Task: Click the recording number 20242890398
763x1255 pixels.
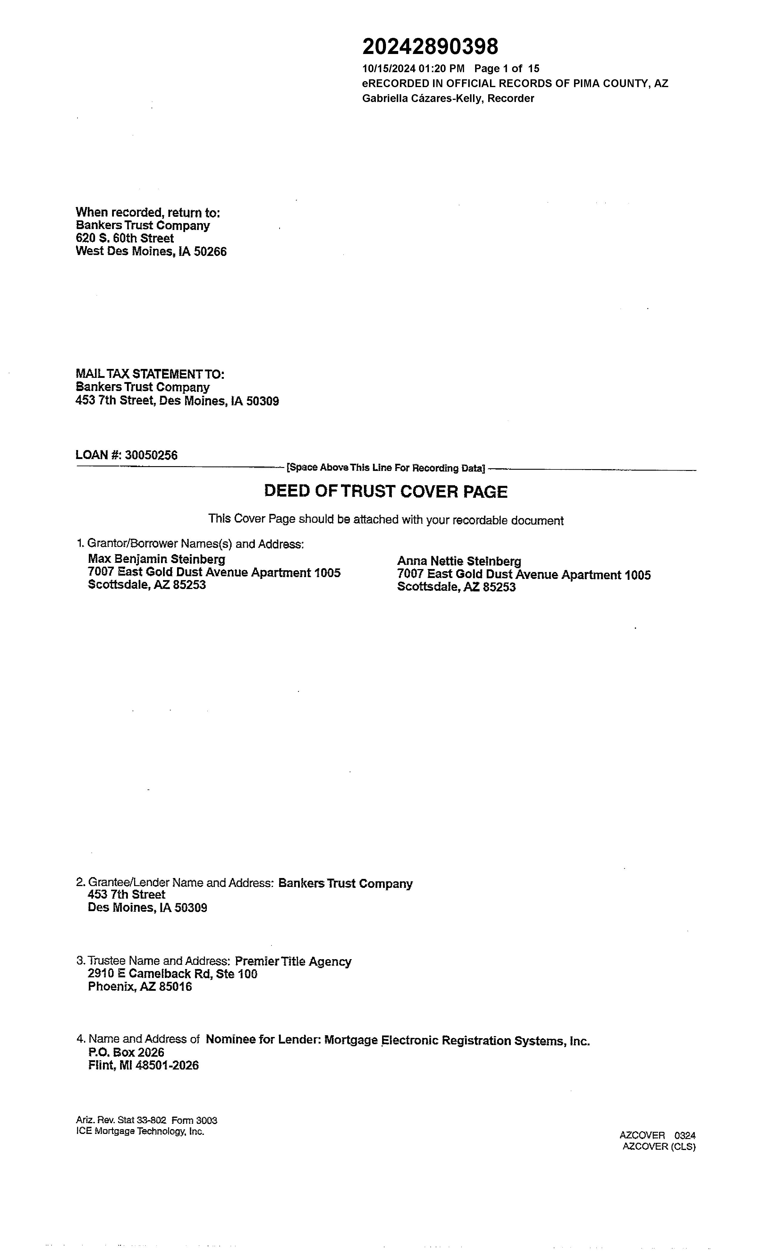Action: (430, 47)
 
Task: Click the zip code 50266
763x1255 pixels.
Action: (210, 252)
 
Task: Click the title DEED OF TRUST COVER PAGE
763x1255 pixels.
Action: (385, 492)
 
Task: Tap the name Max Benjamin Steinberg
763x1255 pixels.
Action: (156, 559)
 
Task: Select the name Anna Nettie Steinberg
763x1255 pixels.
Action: (459, 561)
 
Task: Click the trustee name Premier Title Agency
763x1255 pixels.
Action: (293, 962)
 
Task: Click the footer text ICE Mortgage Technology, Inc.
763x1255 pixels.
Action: (140, 1131)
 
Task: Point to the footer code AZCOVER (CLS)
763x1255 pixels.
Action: (659, 1146)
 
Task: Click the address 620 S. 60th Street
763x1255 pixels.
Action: (125, 238)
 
